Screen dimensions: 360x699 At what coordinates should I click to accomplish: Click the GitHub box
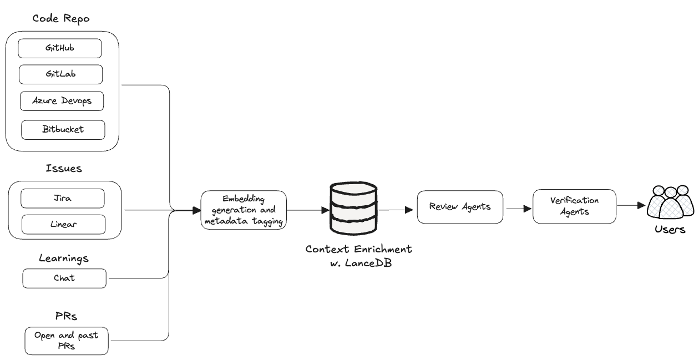click(x=60, y=48)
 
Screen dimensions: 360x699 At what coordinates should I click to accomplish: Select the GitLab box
click(x=60, y=74)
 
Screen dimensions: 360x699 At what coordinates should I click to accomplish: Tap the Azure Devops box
click(x=62, y=101)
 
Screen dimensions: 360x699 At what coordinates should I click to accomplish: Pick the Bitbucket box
click(x=63, y=130)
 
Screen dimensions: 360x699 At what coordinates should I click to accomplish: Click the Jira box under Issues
click(x=62, y=198)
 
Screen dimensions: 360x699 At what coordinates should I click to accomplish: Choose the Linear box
click(x=63, y=224)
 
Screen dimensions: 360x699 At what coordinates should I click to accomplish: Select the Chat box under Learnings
click(x=64, y=278)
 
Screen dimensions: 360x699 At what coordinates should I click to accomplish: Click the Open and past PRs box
click(x=67, y=341)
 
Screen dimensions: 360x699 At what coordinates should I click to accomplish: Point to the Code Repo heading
click(x=61, y=19)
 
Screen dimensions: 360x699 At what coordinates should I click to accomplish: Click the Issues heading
click(x=64, y=169)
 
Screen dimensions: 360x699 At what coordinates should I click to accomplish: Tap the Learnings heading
click(x=64, y=258)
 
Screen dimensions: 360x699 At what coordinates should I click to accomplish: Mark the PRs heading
click(x=66, y=317)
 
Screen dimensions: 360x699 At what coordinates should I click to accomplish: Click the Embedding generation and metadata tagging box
click(x=244, y=210)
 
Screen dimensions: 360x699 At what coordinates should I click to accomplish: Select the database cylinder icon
click(x=353, y=209)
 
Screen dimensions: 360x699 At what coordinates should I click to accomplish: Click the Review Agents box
click(x=460, y=207)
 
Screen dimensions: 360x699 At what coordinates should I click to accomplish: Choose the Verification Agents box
click(x=574, y=206)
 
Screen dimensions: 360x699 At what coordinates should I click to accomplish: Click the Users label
click(x=670, y=230)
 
